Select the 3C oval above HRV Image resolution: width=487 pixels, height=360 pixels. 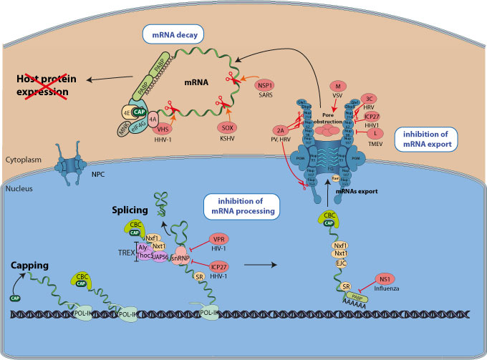[370, 99]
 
